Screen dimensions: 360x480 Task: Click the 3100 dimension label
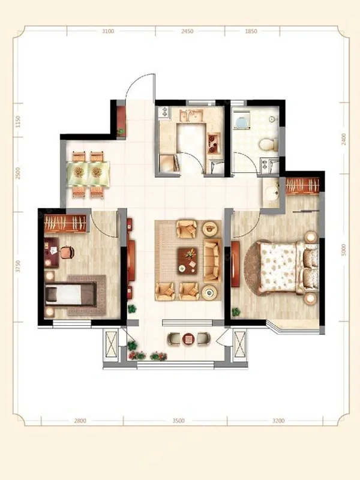(x=108, y=31)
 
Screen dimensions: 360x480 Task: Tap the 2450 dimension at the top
(x=187, y=31)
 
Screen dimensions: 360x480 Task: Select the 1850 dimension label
(x=251, y=31)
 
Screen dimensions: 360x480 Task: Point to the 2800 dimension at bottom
(x=80, y=421)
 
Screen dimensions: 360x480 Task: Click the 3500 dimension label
(x=178, y=421)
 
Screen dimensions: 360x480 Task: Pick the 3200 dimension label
(x=278, y=421)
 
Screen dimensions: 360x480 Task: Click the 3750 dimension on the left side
(x=18, y=266)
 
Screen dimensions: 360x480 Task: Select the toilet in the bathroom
(x=268, y=145)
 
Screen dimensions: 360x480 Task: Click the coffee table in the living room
(x=188, y=260)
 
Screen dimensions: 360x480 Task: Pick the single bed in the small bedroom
(x=71, y=294)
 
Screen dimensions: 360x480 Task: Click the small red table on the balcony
(x=188, y=339)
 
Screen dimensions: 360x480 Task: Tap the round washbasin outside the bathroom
(x=271, y=193)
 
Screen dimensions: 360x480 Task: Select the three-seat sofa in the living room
(x=212, y=260)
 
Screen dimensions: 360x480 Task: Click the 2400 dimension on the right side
(x=344, y=139)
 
